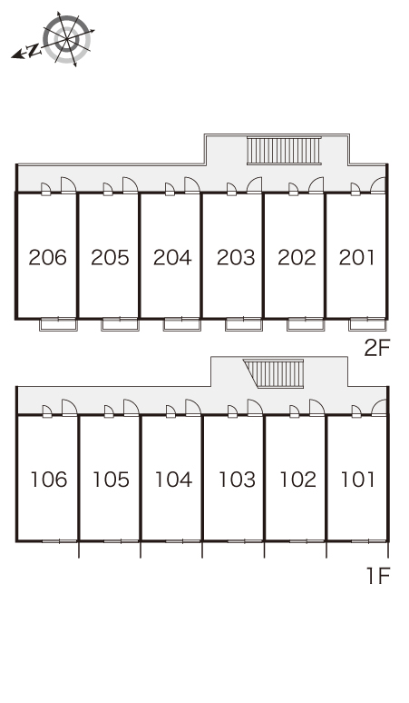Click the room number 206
click(x=47, y=257)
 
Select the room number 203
click(x=236, y=257)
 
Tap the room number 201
click(x=356, y=257)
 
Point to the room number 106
click(x=49, y=480)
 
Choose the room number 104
click(x=173, y=480)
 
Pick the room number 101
click(x=358, y=480)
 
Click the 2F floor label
click(x=377, y=348)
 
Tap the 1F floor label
click(x=378, y=576)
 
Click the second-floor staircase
click(x=284, y=151)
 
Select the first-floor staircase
click(x=274, y=373)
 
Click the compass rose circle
click(x=67, y=39)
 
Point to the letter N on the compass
click(x=33, y=51)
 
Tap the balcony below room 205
click(x=120, y=324)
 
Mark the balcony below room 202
click(x=306, y=324)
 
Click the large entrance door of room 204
click(x=192, y=185)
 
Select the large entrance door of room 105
click(x=131, y=408)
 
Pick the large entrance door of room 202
click(x=316, y=185)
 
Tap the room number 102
click(x=298, y=480)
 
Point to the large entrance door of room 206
click(x=68, y=185)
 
